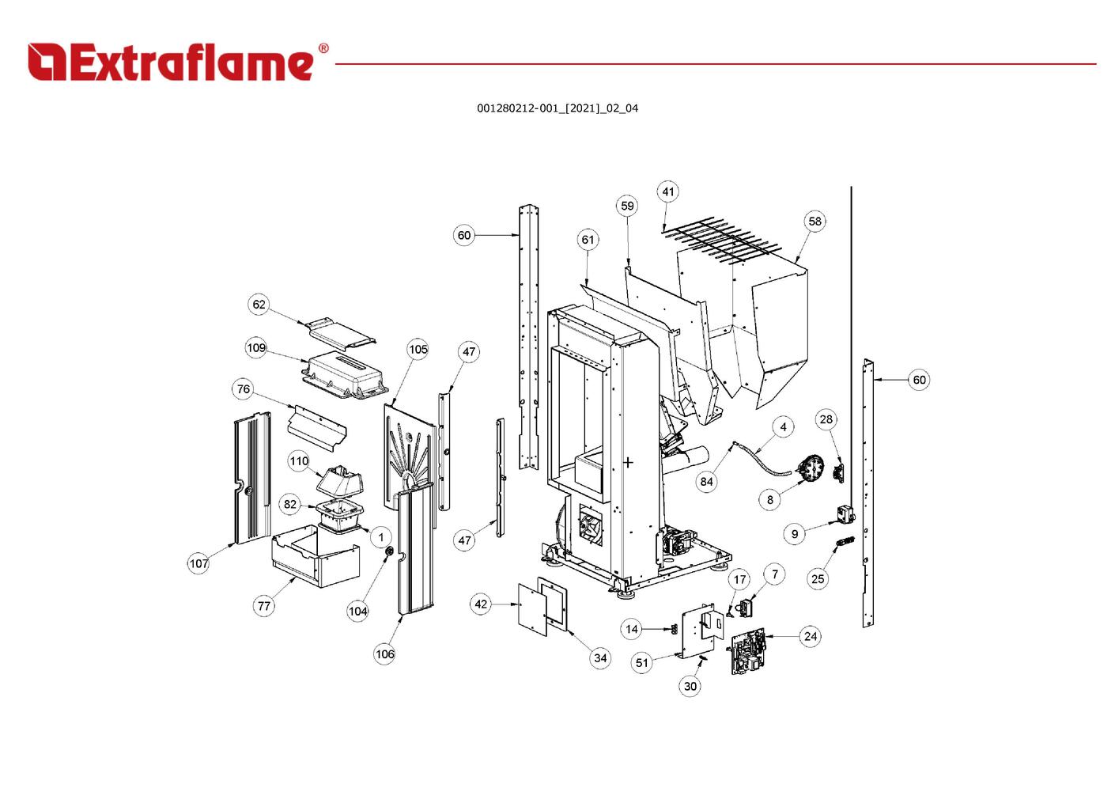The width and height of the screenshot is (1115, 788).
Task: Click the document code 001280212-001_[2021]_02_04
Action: (557, 108)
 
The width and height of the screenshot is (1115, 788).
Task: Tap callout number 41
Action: (668, 191)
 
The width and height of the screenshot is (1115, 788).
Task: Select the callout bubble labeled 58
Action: (815, 222)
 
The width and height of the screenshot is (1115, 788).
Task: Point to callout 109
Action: (256, 348)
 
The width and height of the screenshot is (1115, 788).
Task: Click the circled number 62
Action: (259, 305)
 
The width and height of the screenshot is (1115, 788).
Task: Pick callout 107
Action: (198, 563)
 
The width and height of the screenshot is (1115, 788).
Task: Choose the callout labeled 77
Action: (263, 606)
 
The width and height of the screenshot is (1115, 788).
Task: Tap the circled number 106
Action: (384, 654)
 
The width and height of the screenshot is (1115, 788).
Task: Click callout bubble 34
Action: (600, 657)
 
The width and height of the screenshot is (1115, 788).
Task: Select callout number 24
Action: (810, 636)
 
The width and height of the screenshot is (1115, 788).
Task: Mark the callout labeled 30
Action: (690, 686)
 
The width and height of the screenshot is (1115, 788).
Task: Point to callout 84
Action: (706, 481)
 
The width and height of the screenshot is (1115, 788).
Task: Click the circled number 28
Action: (826, 419)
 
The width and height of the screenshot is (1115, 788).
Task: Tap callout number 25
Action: (818, 578)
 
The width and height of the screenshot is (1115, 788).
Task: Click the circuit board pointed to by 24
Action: (748, 651)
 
